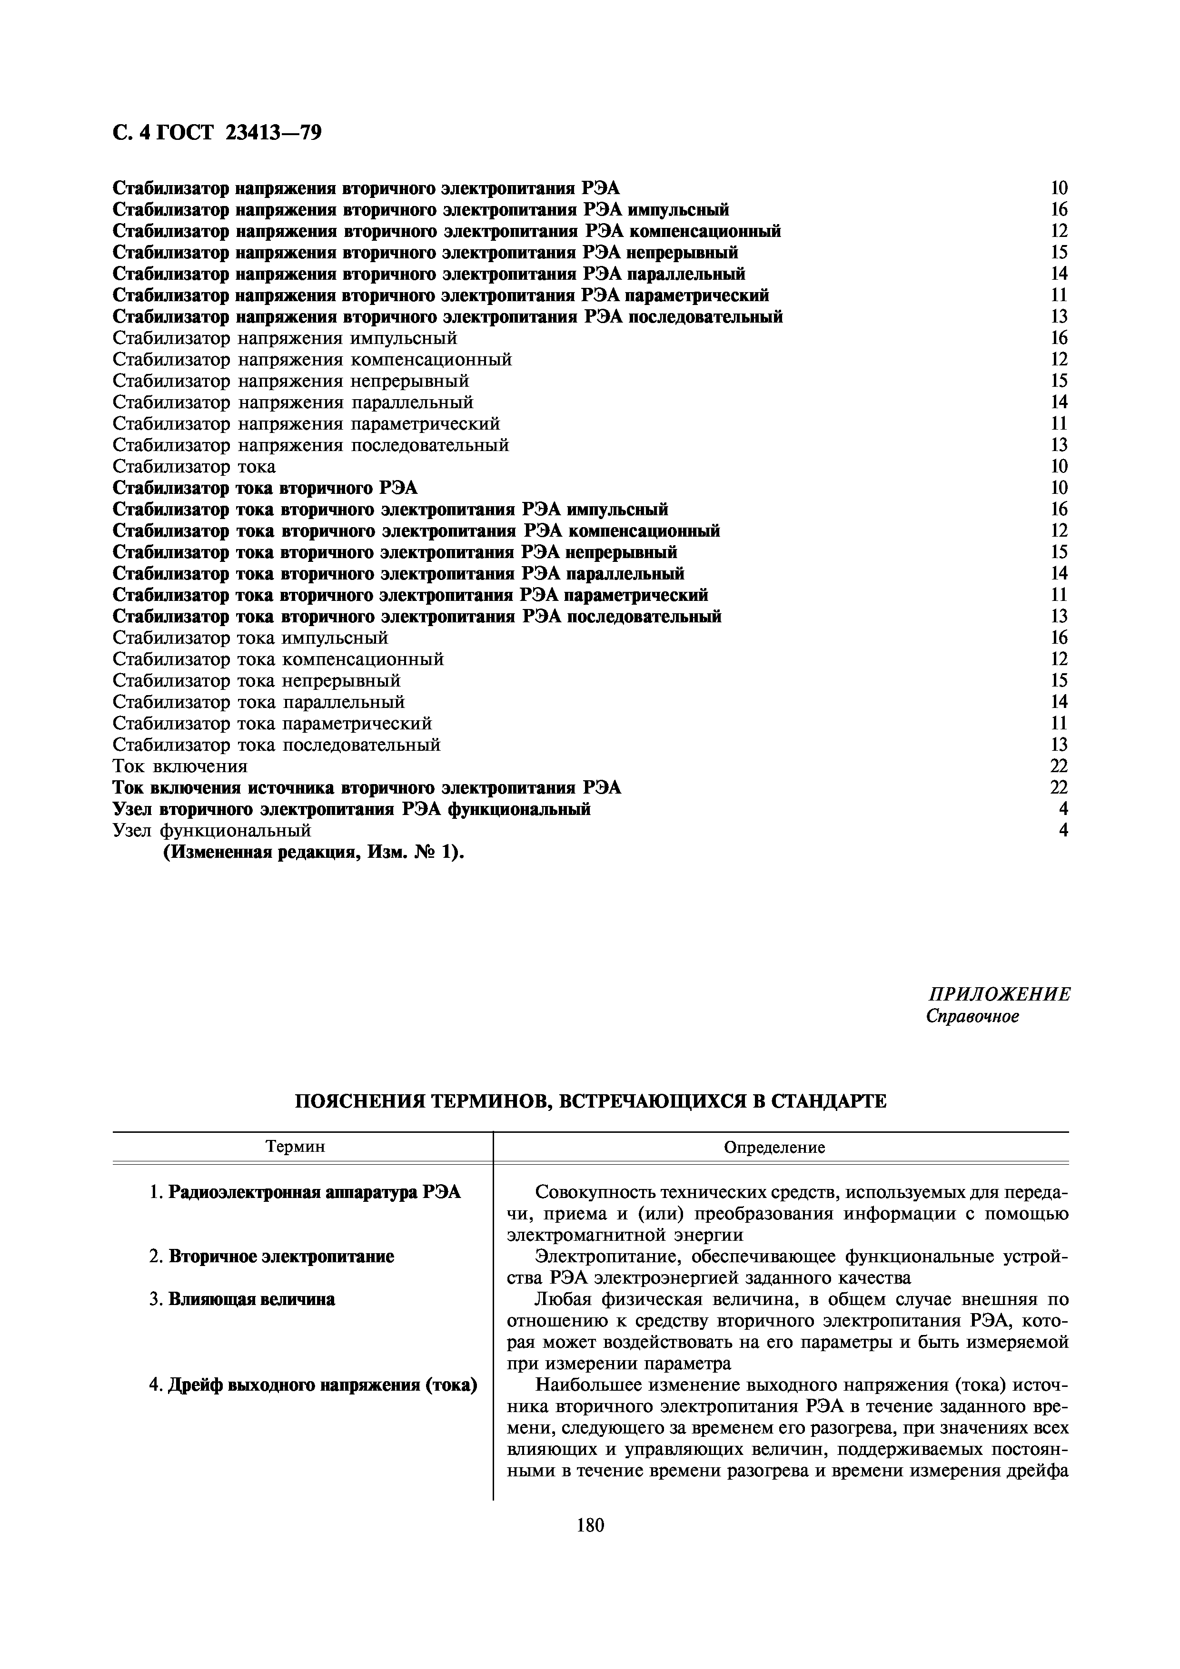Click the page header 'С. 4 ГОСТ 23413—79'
tap(217, 134)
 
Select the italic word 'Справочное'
tap(972, 1016)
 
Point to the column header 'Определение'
tap(774, 1148)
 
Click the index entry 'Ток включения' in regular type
tap(180, 766)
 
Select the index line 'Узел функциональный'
tap(212, 830)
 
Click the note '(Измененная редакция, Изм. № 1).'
tap(313, 852)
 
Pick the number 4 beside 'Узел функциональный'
tap(1063, 830)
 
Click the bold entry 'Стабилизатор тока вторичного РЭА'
tap(266, 488)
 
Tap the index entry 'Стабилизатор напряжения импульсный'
tap(285, 338)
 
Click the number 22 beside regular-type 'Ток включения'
tap(1059, 766)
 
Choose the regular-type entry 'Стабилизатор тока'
tap(194, 466)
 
